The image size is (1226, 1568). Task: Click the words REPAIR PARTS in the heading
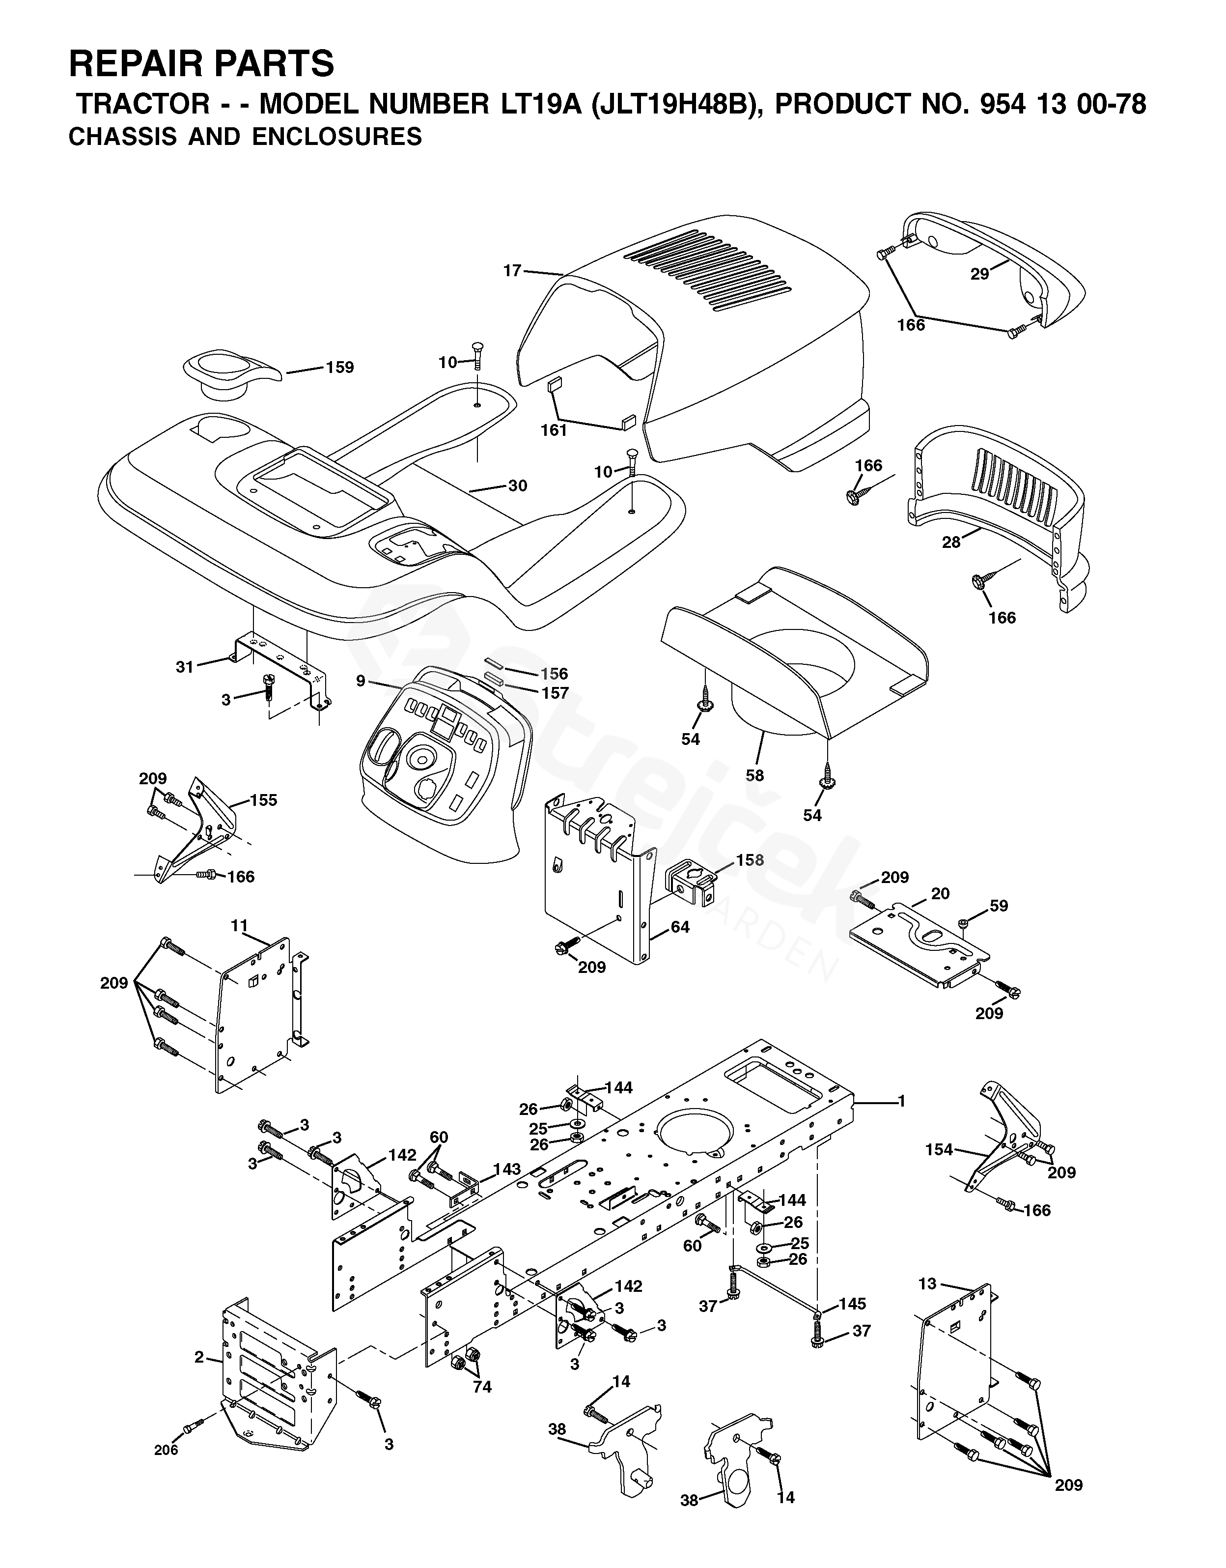(x=202, y=64)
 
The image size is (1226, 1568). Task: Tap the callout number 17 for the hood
(x=512, y=271)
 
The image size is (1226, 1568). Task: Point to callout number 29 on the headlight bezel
(x=980, y=274)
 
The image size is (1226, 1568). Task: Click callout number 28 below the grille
(x=951, y=543)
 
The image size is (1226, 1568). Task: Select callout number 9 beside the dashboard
(x=361, y=680)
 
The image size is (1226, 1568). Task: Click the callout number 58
(x=754, y=775)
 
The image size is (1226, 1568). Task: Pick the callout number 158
(x=750, y=860)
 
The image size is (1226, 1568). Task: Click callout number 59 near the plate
(x=999, y=906)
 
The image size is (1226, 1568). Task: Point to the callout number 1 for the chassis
(x=901, y=1101)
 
